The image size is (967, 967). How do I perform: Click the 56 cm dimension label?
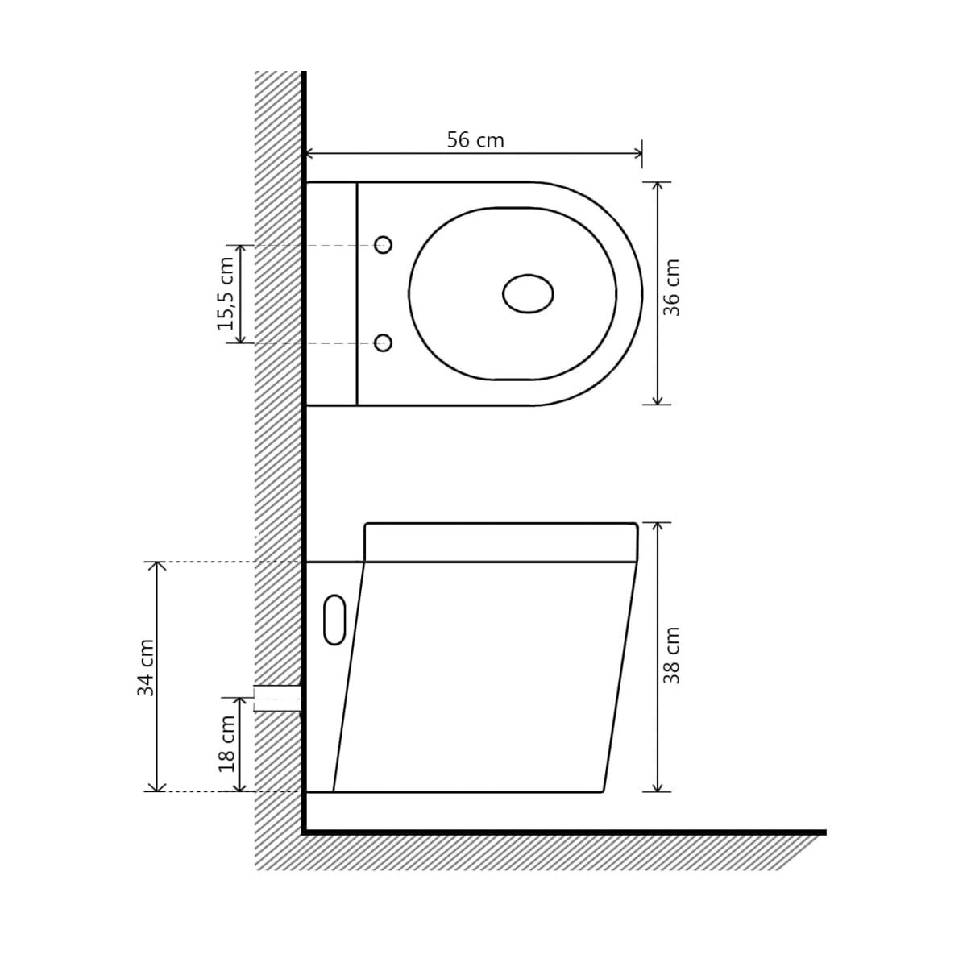point(475,140)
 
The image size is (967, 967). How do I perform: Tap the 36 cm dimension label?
point(671,288)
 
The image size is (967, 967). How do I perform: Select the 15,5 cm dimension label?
point(226,293)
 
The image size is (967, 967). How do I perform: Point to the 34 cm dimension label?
point(146,667)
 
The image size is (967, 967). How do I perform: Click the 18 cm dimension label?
point(226,745)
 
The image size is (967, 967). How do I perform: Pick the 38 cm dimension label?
point(671,655)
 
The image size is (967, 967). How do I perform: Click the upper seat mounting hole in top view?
point(384,245)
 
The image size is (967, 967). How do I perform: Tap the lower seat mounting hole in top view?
point(384,342)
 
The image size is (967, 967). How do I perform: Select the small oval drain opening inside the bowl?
point(528,293)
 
